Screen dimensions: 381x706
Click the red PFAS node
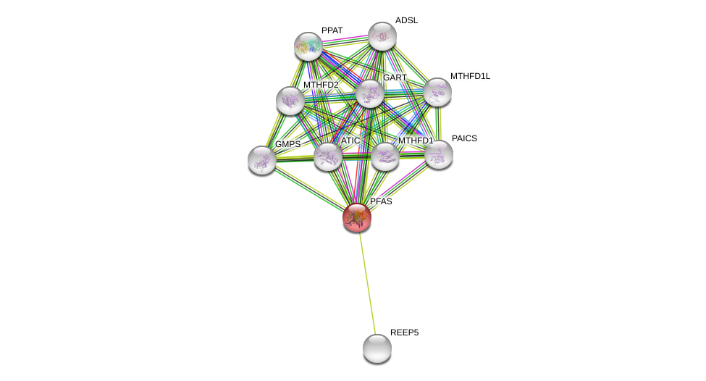357,217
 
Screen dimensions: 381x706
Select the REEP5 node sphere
377,348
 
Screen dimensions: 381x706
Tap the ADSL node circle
382,36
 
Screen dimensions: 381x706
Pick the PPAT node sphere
308,46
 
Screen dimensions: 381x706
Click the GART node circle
369,93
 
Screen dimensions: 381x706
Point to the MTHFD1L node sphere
437,92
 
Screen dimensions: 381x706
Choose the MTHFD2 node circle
290,101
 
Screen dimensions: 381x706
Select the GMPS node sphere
261,160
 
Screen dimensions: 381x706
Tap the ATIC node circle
327,156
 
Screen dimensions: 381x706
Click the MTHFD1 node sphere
384,156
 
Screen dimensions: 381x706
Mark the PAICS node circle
439,154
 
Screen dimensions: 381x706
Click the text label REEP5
404,332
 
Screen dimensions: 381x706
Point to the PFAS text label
381,201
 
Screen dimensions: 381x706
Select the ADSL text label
406,20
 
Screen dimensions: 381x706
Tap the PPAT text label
332,30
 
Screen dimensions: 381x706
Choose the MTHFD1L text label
470,76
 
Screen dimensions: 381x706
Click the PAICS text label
464,138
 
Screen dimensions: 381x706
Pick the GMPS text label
287,144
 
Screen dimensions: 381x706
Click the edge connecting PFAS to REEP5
367,282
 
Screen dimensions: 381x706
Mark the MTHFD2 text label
321,85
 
